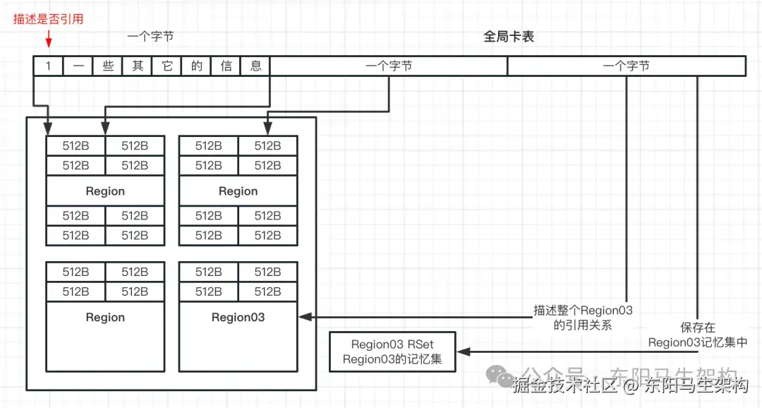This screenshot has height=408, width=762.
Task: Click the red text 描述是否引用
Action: pos(48,20)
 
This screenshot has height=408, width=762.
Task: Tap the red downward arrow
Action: pos(48,41)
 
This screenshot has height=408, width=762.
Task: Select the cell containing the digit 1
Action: pos(48,66)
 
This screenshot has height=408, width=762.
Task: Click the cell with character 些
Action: pos(107,66)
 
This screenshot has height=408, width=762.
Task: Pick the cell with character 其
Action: pos(137,66)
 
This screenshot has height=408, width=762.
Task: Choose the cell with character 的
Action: pos(196,66)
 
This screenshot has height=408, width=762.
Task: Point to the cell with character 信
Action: pos(226,66)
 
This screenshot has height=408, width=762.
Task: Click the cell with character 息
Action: pos(255,66)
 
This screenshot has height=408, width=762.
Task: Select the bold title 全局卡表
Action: pos(509,37)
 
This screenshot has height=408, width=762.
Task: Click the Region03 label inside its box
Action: pos(238,318)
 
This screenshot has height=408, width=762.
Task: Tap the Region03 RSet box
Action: pos(392,352)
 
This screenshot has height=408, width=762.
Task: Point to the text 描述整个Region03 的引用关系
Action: pos(583,318)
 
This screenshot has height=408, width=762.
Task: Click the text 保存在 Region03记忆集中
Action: pos(698,335)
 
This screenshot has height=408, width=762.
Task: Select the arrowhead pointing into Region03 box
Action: pos(304,318)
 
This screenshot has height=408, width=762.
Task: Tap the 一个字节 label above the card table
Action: pos(150,37)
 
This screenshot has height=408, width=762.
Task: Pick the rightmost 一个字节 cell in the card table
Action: pos(627,66)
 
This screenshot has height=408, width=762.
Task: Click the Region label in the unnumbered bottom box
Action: pos(105,318)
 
